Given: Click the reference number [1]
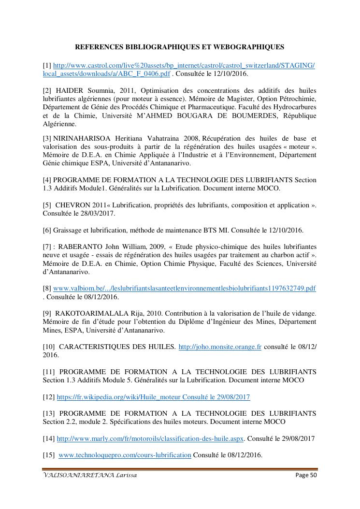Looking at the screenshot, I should pos(47,65).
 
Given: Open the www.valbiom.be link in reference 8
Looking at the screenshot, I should pos(184,289).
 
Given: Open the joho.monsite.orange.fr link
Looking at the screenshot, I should pos(220,347).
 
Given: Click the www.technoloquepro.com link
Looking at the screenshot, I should pos(125,455).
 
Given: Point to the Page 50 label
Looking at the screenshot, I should pos(306,476).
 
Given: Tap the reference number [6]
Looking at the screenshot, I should pos(47,230).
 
